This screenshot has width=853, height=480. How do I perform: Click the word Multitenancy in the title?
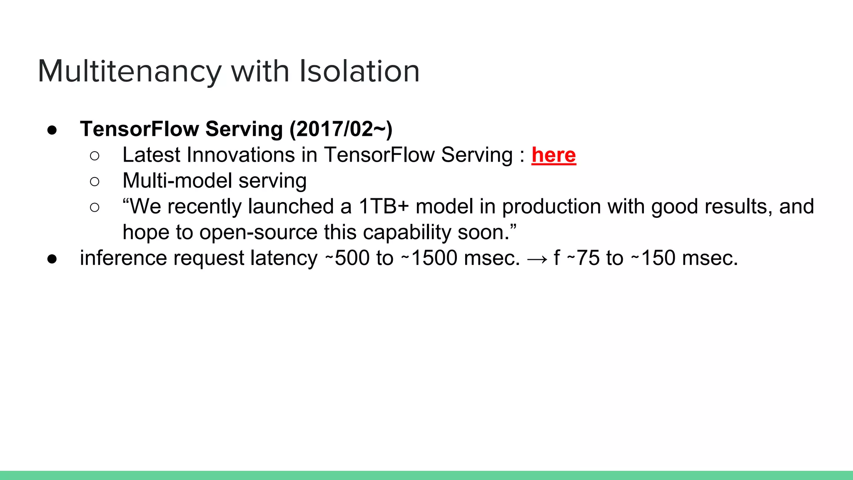pyautogui.click(x=129, y=71)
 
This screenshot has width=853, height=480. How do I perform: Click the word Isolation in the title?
pyautogui.click(x=359, y=71)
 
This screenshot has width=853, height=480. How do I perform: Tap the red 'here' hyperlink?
pyautogui.click(x=554, y=155)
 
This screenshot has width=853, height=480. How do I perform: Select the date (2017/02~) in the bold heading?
pyautogui.click(x=341, y=129)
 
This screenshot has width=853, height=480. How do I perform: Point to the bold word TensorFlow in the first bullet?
pyautogui.click(x=139, y=129)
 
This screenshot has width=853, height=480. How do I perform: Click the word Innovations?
pyautogui.click(x=242, y=155)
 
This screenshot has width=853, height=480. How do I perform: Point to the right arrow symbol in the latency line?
pyautogui.click(x=537, y=259)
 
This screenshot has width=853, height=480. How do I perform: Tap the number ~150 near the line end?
pyautogui.click(x=653, y=258)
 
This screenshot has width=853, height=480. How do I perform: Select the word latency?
pyautogui.click(x=284, y=258)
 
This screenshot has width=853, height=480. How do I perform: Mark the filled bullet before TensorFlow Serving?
pyautogui.click(x=52, y=130)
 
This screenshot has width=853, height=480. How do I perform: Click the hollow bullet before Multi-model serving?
pyautogui.click(x=95, y=182)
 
